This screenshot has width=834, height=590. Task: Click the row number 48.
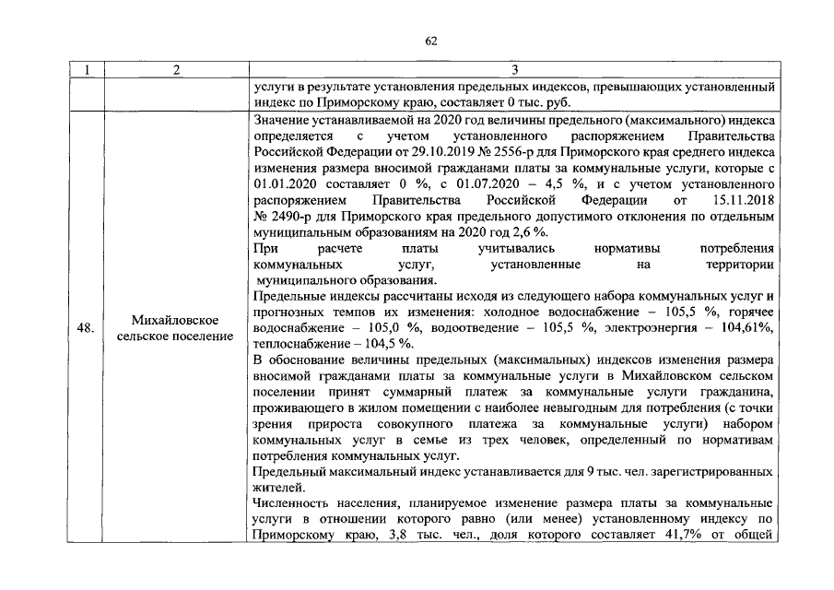86,327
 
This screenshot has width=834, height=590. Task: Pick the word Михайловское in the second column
174,320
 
